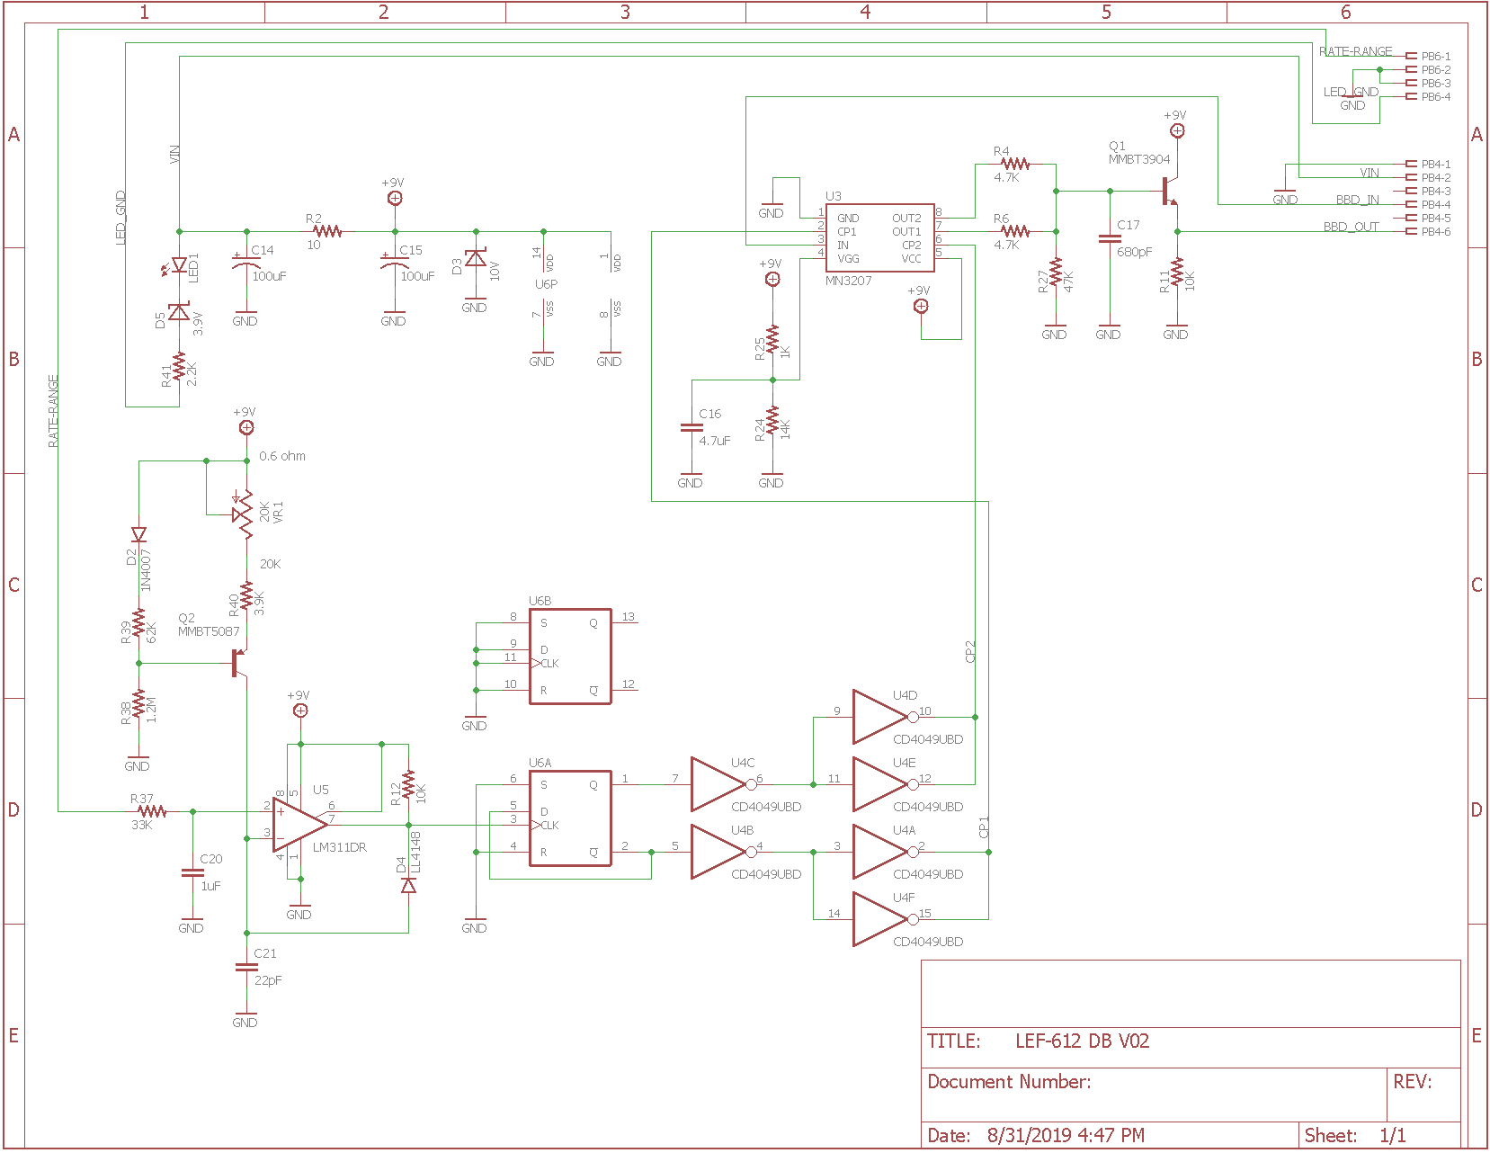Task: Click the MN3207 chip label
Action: (848, 281)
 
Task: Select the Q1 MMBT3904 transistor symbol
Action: (1169, 191)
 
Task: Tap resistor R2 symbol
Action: (327, 231)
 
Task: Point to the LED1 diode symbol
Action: (179, 265)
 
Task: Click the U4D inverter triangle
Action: (879, 717)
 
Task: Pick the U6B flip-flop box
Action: (570, 656)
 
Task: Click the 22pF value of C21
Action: (268, 980)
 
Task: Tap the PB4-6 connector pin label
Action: (1435, 232)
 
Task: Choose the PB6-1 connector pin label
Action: (1435, 57)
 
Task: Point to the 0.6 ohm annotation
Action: (282, 457)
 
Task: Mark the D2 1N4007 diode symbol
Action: (138, 534)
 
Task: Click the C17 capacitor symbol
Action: (1109, 239)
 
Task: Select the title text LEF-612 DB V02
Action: (1082, 1041)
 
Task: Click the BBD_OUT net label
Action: (1351, 227)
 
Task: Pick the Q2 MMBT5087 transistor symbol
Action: (238, 663)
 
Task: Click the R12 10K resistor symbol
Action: (408, 784)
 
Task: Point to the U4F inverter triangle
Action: (879, 919)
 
